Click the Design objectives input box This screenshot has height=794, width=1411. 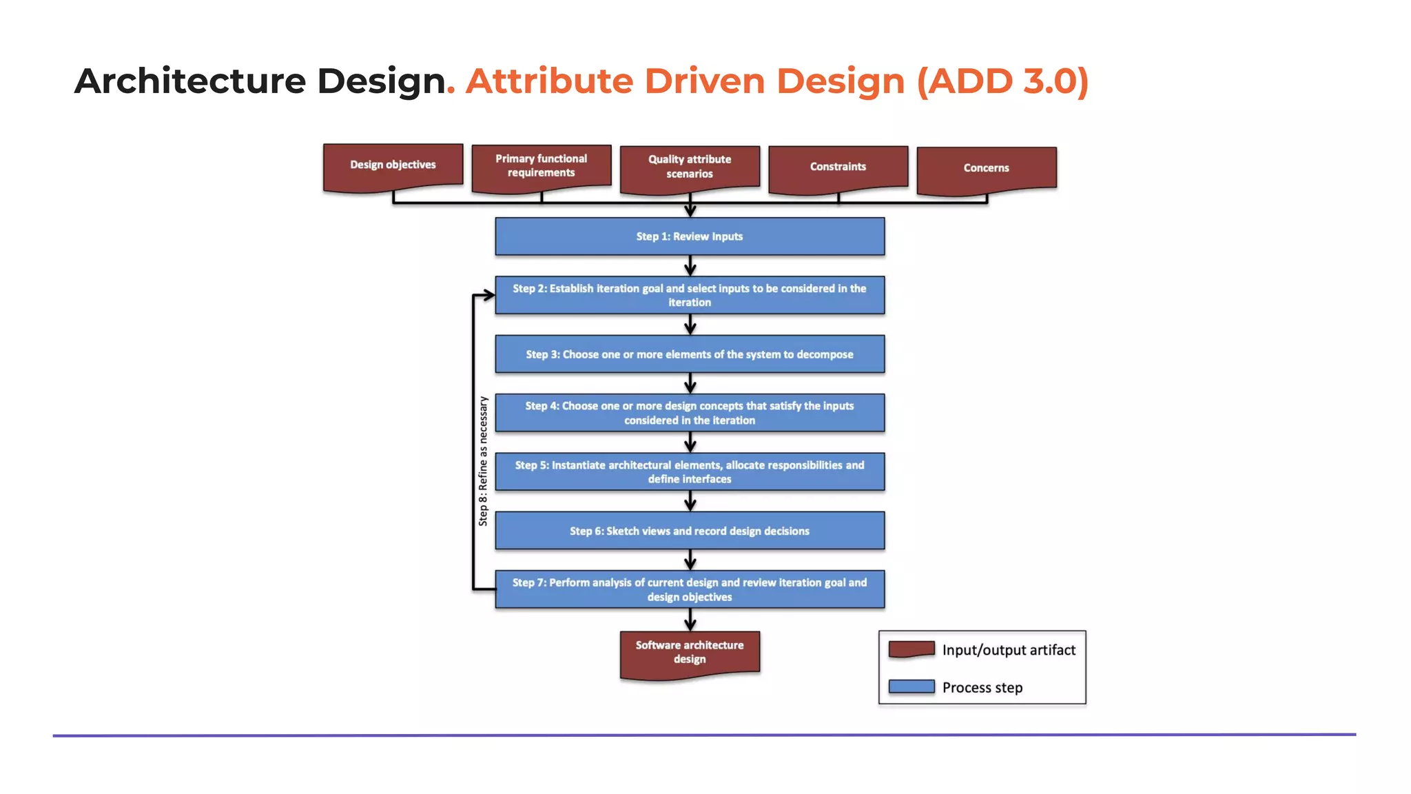393,165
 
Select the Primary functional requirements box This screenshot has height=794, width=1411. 542,166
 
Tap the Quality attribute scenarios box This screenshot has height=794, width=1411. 690,167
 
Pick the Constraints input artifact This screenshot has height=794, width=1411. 838,167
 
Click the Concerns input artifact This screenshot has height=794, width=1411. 987,168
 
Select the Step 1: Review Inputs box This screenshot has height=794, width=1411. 690,236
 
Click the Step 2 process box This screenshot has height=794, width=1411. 690,295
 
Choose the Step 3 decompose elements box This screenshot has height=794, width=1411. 690,354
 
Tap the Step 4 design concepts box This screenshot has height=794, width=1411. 690,413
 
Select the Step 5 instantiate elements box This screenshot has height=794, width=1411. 690,471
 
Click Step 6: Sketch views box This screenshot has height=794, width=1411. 690,531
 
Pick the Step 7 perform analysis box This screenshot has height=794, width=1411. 690,589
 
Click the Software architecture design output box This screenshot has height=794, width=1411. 690,652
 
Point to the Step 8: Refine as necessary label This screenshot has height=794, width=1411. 483,461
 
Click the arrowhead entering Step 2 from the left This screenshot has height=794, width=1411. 488,295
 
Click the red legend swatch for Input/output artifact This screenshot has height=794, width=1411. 912,649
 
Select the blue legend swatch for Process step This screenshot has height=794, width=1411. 912,686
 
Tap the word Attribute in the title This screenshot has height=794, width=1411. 548,81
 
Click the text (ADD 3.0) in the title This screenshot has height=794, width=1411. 1002,81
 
